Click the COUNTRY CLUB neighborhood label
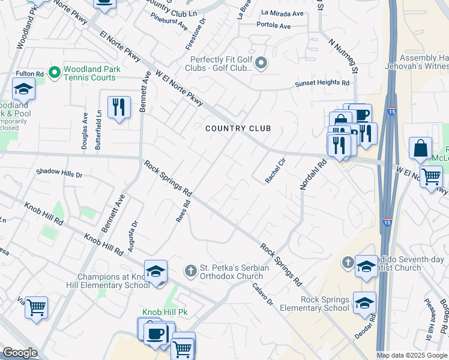click(x=238, y=128)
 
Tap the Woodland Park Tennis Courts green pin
click(x=54, y=73)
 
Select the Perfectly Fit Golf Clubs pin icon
click(x=261, y=63)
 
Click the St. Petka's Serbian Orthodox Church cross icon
click(x=190, y=271)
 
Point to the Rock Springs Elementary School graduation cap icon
click(x=364, y=302)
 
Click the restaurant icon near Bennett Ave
click(x=118, y=108)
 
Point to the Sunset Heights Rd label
click(x=322, y=83)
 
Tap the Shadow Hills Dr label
click(x=59, y=172)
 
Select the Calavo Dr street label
click(x=262, y=293)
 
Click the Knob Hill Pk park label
click(x=165, y=313)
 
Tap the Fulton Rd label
click(x=31, y=74)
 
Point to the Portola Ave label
click(x=273, y=25)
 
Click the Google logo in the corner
click(x=20, y=353)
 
